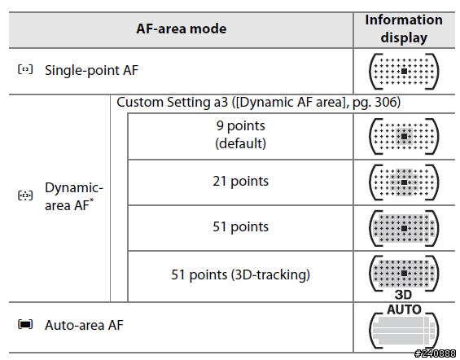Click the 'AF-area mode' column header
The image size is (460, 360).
(182, 29)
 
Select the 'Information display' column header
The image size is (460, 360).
(404, 29)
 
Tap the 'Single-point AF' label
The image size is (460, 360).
(91, 70)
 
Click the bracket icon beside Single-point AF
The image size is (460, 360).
(25, 69)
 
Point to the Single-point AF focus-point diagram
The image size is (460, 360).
(404, 72)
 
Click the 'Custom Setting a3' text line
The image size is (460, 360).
(258, 103)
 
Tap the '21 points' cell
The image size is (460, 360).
(240, 181)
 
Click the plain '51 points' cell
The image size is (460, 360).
(240, 226)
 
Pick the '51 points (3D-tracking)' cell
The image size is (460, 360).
(240, 275)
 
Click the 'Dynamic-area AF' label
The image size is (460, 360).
(74, 196)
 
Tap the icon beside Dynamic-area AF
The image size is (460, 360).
(25, 195)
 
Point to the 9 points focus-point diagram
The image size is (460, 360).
(404, 137)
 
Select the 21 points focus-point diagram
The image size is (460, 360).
(404, 182)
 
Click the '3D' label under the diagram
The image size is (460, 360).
(403, 295)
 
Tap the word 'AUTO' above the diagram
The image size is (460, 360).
(404, 310)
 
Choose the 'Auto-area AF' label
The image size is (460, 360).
(84, 325)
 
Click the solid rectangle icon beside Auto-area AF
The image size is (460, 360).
(25, 324)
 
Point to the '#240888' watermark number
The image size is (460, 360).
(435, 353)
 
